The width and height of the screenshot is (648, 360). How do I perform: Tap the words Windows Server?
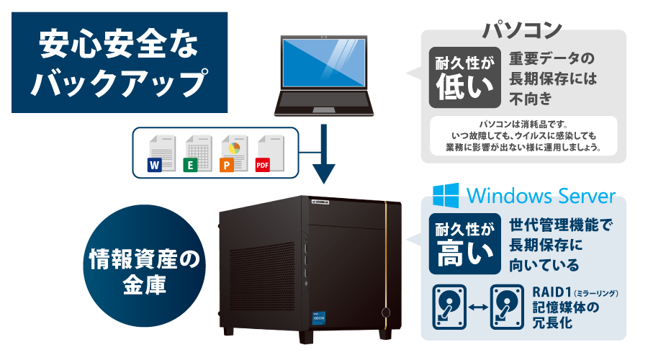(x=541, y=196)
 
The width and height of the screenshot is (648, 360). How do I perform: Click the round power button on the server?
(x=386, y=313)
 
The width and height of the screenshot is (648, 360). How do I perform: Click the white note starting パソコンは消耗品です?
(x=523, y=135)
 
